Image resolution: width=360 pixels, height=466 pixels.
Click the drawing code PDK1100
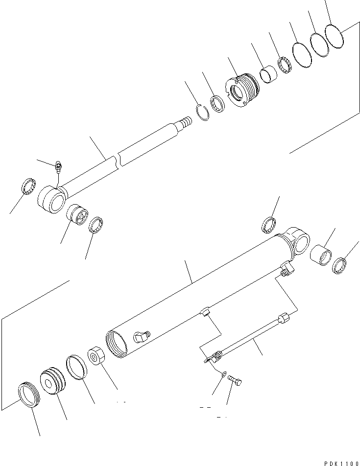point(337,462)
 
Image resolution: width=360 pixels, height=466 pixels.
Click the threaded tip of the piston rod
point(186,120)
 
